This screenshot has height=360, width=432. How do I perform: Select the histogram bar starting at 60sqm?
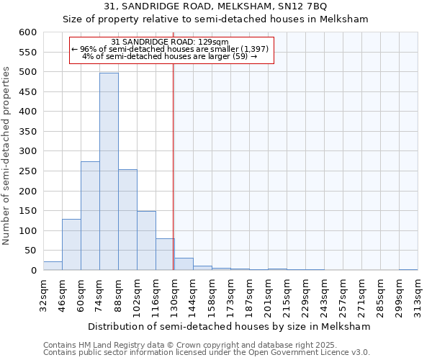(90, 216)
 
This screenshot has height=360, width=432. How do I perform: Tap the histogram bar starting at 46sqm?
(71, 245)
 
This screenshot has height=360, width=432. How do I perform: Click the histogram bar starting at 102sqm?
(146, 240)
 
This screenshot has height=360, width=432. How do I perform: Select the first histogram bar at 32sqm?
(53, 266)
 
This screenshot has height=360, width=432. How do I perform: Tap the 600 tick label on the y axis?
(28, 32)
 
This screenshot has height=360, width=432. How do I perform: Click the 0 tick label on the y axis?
(33, 271)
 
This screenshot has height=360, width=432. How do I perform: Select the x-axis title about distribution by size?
(230, 326)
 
